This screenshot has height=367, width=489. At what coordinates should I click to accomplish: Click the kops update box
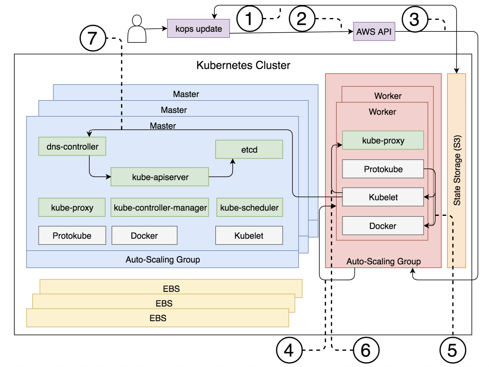point(198,28)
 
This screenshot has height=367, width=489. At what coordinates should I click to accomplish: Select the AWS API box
point(374,31)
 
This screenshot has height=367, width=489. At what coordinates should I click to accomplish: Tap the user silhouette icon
point(137,29)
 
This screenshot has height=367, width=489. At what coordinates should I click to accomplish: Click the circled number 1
point(249,19)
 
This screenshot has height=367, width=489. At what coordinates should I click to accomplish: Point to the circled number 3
point(415,19)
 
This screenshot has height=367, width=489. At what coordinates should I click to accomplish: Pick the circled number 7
point(93,38)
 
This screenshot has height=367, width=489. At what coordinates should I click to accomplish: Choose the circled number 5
point(452,350)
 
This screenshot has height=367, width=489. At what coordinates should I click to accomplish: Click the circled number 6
point(366,350)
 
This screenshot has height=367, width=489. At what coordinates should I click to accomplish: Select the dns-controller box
point(72,146)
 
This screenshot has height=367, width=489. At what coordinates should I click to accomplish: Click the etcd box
point(249,149)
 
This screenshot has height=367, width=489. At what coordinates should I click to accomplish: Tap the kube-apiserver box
point(160,177)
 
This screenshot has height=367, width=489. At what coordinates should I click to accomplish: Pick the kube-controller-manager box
point(160,207)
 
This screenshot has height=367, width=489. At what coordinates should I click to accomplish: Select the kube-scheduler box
point(249,207)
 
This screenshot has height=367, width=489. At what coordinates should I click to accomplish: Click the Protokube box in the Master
point(72,235)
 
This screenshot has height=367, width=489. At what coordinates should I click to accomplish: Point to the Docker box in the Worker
point(383,225)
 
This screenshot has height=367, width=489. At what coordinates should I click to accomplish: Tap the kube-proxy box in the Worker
point(383,140)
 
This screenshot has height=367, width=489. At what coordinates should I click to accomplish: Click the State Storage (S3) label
point(457,170)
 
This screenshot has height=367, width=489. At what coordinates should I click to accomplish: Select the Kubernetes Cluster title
point(243,65)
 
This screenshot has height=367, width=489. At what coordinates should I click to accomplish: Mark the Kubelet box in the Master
point(249,235)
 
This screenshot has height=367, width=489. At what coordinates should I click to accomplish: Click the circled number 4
point(289,350)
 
